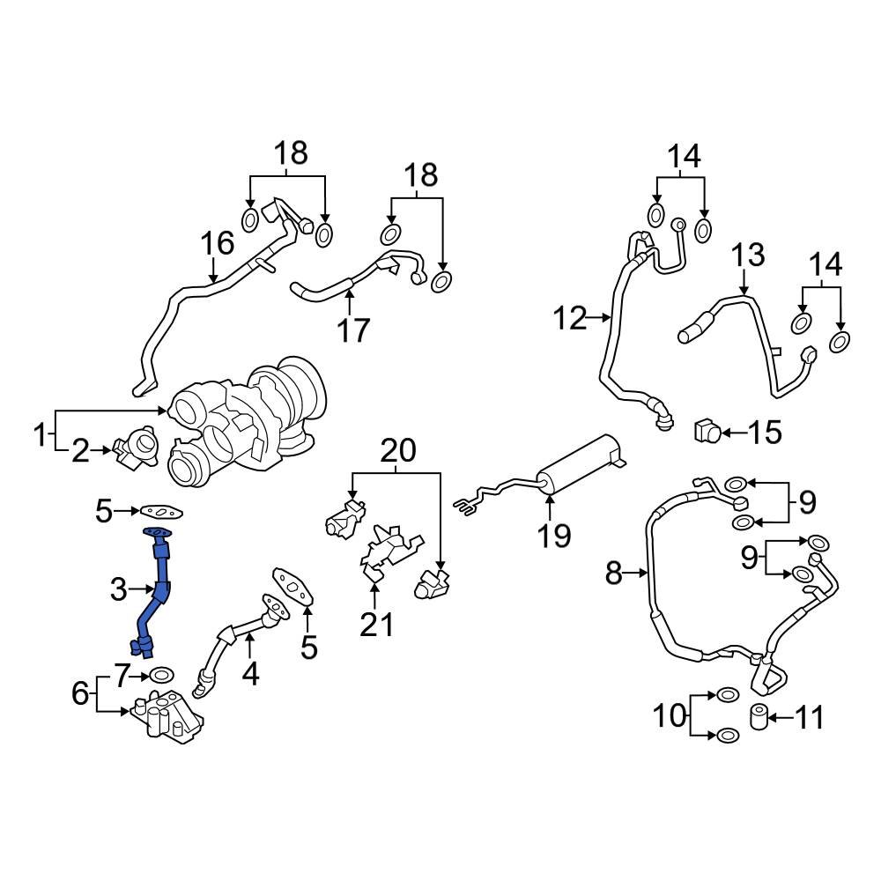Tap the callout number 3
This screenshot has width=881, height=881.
pyautogui.click(x=119, y=589)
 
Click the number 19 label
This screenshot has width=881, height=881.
pyautogui.click(x=555, y=535)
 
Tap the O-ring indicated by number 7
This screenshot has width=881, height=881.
pyautogui.click(x=160, y=676)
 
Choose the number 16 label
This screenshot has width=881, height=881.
pyautogui.click(x=218, y=244)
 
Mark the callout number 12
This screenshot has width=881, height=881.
pyautogui.click(x=569, y=317)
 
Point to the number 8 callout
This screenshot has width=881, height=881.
pyautogui.click(x=615, y=575)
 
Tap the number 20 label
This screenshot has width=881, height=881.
pyautogui.click(x=397, y=450)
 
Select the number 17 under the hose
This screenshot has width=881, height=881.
pyautogui.click(x=352, y=330)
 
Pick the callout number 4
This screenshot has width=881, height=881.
pyautogui.click(x=251, y=674)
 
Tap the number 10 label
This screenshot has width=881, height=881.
pyautogui.click(x=669, y=715)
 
